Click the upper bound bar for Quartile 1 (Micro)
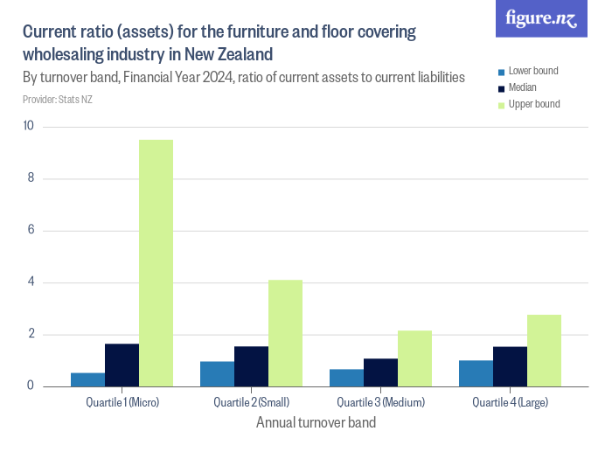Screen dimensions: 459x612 pyautogui.click(x=156, y=262)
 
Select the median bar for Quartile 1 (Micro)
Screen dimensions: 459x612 pyautogui.click(x=122, y=365)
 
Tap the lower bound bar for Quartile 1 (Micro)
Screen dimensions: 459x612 pyautogui.click(x=88, y=379)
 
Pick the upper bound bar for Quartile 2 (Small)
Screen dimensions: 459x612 pyautogui.click(x=286, y=332)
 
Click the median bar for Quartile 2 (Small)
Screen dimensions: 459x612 pyautogui.click(x=252, y=366)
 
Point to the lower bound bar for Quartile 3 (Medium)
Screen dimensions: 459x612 pyautogui.click(x=347, y=378)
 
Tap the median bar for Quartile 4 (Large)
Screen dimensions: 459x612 pyautogui.click(x=511, y=366)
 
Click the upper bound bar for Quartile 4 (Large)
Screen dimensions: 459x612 pyautogui.click(x=545, y=351)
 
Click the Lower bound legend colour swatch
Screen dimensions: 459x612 pyautogui.click(x=501, y=72)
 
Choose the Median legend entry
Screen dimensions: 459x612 pyautogui.click(x=522, y=88)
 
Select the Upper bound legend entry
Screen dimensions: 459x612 pyautogui.click(x=533, y=105)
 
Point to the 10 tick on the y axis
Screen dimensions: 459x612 pyautogui.click(x=28, y=127)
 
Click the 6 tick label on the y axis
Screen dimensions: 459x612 pyautogui.click(x=30, y=231)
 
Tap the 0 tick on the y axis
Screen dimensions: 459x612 pyautogui.click(x=30, y=386)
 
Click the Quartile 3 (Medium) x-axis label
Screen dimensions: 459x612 pyautogui.click(x=380, y=403)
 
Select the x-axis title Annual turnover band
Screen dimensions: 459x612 pyautogui.click(x=316, y=423)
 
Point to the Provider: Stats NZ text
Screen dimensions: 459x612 pyautogui.click(x=58, y=100)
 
